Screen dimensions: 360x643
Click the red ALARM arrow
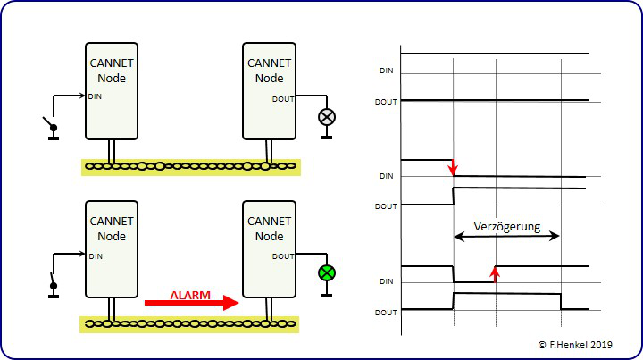[192, 303]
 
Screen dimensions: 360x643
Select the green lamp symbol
[327, 273]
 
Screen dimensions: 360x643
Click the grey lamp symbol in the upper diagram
[327, 116]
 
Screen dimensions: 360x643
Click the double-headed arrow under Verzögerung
[506, 237]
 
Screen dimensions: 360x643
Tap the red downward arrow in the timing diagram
[453, 166]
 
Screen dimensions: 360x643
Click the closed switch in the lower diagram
[53, 285]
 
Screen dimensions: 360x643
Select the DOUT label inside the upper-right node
[283, 98]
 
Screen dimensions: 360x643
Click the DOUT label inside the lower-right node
[283, 256]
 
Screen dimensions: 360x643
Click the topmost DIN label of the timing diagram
[387, 71]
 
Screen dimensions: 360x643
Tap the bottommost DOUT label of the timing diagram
[386, 312]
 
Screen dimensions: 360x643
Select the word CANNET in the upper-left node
[112, 63]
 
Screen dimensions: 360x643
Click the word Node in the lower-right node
[269, 236]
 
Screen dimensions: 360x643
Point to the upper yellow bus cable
[191, 166]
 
